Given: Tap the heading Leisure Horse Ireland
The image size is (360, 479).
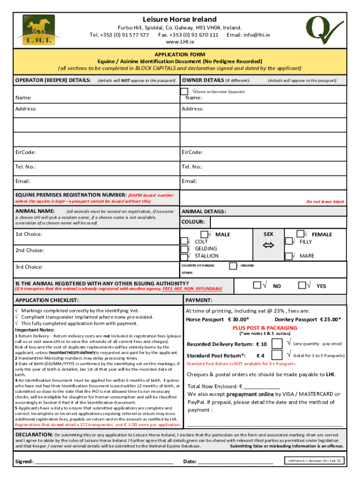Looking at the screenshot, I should point(180,19).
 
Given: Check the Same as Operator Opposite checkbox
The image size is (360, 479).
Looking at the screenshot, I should point(185,91).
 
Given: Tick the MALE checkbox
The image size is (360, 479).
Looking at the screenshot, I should point(204,234).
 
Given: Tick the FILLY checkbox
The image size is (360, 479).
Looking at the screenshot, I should point(288,241).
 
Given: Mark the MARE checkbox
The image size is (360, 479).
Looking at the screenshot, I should point(288,256).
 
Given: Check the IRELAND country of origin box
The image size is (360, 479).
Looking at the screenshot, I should point(232,266).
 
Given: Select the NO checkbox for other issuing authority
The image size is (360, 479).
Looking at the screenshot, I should point(257,285).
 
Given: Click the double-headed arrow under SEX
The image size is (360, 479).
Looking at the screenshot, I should point(268,245).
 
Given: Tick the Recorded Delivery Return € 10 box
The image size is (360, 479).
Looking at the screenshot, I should point(277,344).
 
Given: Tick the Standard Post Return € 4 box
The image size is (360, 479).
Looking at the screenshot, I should point(277,356).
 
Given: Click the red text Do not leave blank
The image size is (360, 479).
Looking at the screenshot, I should point(325,202).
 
